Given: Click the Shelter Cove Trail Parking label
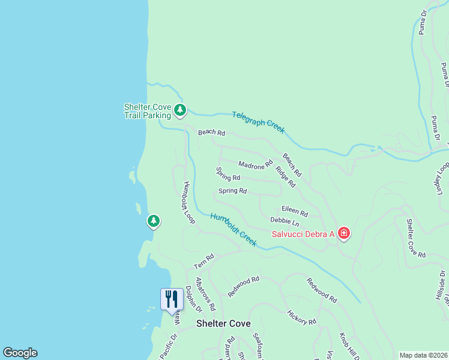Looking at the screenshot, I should [x=147, y=111].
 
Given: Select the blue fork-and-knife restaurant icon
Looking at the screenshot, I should [x=172, y=299].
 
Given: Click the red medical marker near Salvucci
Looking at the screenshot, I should [x=343, y=233].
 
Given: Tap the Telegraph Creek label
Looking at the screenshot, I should [x=259, y=121].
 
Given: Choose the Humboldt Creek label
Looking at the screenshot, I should [x=234, y=230].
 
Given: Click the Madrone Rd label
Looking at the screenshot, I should [x=256, y=163].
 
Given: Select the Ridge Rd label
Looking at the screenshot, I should [x=286, y=176].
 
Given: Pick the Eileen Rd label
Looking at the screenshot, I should [x=294, y=212].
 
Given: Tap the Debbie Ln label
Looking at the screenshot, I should [x=285, y=222].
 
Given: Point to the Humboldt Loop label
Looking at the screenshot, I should [x=189, y=203].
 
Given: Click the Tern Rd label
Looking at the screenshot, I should [x=203, y=262].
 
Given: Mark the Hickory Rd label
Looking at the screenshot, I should [x=301, y=317].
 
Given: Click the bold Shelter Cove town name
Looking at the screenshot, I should [x=223, y=323].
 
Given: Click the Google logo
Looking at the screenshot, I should [x=20, y=353].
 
